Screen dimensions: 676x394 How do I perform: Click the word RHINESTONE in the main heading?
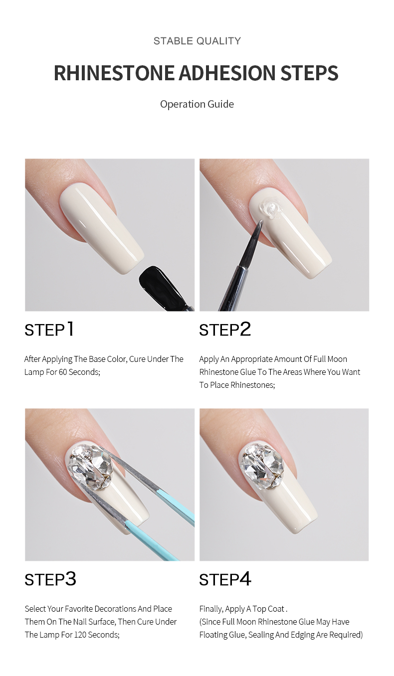point(114,73)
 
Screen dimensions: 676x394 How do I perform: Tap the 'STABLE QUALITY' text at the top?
point(197,41)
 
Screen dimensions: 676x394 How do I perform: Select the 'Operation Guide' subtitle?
point(197,104)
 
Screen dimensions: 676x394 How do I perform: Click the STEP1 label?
point(49,330)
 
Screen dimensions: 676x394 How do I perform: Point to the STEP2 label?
point(225,330)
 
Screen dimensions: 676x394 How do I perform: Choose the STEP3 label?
point(50,579)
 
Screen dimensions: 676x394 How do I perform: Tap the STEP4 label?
point(225,579)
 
